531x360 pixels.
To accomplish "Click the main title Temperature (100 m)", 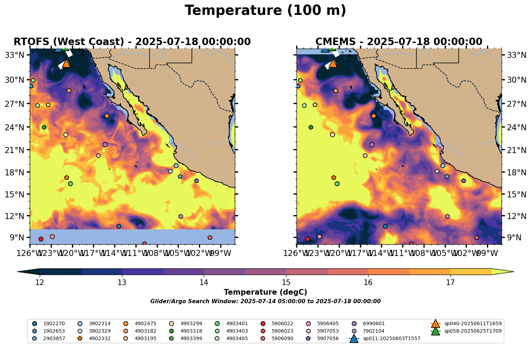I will [265, 11].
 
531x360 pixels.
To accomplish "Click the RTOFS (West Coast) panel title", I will [132, 42].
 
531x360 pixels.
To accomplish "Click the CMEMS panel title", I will [399, 42].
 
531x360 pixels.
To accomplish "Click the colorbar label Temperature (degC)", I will [265, 292].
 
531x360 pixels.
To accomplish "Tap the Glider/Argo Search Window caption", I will [265, 301].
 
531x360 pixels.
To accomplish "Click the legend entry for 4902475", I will [145, 324].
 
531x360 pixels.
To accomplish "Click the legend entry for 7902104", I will [374, 331].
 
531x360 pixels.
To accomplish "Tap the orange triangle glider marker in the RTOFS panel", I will [66, 64].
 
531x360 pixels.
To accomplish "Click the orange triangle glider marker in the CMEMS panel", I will [333, 64].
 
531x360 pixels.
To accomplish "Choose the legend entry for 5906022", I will [282, 324].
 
